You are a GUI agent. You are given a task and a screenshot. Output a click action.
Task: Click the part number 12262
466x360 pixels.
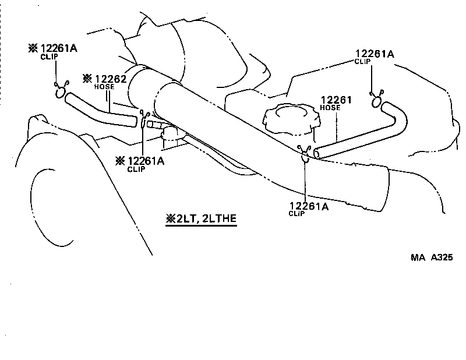point(111,78)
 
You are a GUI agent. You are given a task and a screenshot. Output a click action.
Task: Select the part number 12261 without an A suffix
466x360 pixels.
point(337,100)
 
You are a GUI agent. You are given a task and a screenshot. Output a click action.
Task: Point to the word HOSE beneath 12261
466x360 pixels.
point(330,108)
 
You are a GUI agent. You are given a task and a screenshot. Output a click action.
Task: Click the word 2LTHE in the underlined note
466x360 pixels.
point(219,219)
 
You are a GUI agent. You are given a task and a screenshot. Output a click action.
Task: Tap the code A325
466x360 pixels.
point(442,257)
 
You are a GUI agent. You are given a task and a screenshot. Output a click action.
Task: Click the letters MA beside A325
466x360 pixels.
point(418,257)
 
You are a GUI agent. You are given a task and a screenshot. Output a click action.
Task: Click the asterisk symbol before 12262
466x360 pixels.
point(87,78)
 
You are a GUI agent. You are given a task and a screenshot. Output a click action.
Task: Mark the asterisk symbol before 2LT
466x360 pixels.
point(171,219)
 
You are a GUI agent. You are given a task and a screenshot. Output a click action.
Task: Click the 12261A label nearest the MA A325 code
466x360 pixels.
point(308,206)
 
